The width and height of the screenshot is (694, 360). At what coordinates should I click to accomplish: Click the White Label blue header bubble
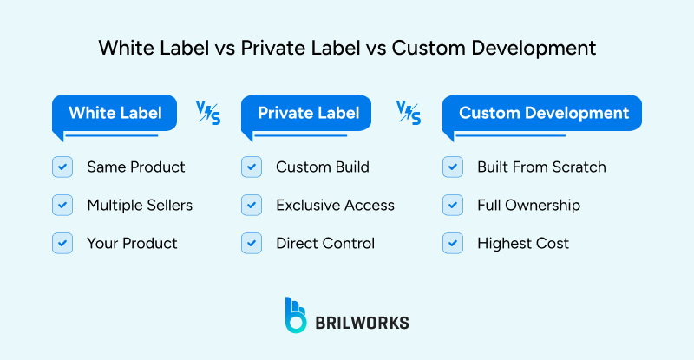coord(115,114)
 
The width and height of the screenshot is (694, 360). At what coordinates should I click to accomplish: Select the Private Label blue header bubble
coord(309,114)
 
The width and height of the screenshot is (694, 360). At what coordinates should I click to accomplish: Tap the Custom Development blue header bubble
coord(543,114)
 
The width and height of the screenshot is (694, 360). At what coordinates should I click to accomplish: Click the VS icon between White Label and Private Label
coord(208,113)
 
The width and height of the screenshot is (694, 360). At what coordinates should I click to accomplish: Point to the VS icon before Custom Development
coord(409,113)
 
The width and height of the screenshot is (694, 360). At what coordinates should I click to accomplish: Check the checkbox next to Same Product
coord(62,167)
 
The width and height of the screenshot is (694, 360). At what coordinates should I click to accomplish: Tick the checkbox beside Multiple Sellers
coord(62,205)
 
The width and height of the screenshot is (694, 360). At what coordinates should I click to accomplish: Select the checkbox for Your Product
coord(62,243)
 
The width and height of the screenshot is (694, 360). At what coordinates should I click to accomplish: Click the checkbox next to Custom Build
coord(251,167)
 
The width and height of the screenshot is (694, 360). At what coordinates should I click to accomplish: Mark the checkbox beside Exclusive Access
coord(251,205)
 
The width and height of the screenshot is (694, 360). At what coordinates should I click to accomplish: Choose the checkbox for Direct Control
coord(251,243)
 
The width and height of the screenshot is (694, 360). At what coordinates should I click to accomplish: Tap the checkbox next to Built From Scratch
coord(452,167)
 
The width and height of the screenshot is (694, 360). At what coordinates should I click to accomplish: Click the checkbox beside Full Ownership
coord(452,205)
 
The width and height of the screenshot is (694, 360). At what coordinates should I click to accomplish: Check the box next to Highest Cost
coord(452,243)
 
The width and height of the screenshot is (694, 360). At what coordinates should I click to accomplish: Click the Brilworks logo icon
coord(296,315)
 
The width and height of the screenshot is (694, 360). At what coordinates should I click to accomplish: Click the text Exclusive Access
coord(335,206)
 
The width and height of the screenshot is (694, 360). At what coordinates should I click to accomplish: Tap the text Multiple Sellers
coord(140,206)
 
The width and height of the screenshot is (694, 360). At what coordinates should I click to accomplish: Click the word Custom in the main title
coord(420,48)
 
